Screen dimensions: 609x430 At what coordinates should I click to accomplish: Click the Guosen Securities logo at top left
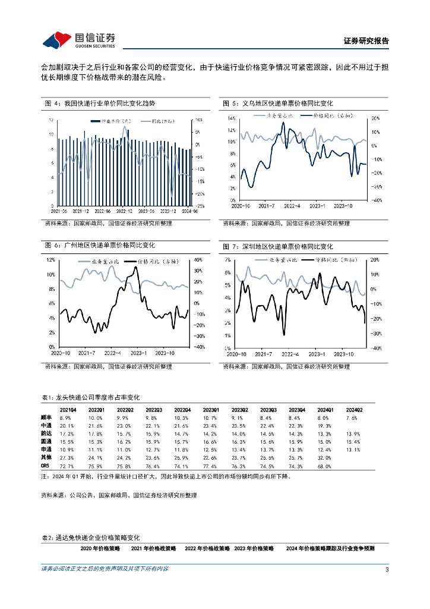point(79,40)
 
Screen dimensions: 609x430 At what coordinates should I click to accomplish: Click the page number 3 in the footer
point(387,570)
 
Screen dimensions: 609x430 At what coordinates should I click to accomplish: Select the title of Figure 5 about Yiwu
point(277,103)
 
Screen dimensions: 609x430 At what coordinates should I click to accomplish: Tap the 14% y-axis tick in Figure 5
point(232,118)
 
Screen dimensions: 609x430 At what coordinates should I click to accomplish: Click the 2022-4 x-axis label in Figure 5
point(292,206)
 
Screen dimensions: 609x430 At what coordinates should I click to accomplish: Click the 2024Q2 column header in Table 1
point(354,410)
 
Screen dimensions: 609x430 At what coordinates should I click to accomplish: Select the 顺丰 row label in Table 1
point(47,418)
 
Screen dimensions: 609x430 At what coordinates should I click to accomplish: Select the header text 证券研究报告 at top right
point(366,41)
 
